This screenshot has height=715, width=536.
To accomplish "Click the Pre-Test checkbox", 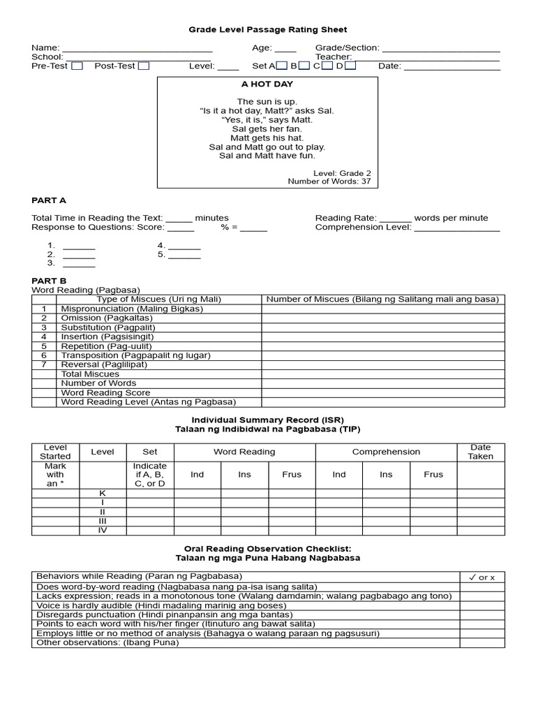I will click(77, 66).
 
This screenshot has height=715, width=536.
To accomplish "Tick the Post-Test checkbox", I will click(143, 66).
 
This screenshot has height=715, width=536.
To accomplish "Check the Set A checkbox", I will click(281, 66).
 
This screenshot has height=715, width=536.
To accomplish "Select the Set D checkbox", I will click(350, 66).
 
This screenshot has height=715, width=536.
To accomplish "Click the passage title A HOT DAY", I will click(267, 84).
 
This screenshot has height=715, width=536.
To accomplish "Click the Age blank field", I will click(285, 49).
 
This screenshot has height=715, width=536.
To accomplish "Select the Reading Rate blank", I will click(396, 219).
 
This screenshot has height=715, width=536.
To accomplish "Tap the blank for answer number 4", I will click(184, 246).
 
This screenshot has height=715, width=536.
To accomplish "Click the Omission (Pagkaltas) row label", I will click(105, 318).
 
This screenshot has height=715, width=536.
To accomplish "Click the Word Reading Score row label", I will click(105, 392).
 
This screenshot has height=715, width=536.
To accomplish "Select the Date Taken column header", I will click(481, 452).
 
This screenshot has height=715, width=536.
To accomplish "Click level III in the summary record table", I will click(103, 521).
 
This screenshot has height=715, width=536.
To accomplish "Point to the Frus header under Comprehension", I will click(433, 475).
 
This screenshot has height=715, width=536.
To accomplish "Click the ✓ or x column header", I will click(482, 577).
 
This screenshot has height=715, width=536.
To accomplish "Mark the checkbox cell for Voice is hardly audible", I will click(482, 605).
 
